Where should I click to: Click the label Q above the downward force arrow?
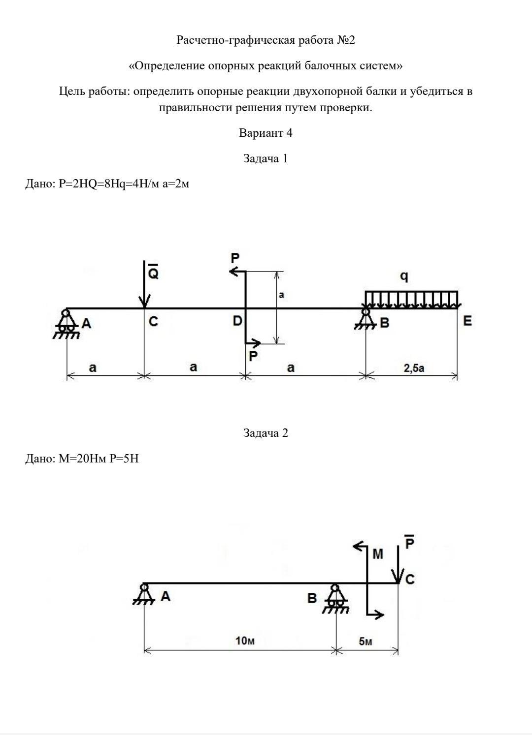coord(153,271)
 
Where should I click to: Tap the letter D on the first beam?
coord(237,321)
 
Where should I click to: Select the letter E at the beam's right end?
coord(467,321)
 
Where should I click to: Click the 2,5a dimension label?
coord(414,368)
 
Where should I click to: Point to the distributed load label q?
coord(404,276)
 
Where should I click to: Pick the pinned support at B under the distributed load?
coord(366,318)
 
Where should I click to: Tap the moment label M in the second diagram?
coord(378,554)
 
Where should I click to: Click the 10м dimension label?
coord(245,640)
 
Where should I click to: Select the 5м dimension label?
coord(366,641)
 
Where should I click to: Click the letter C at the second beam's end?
coord(410,580)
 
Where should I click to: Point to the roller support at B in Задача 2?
coord(335,599)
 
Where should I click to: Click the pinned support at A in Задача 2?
coord(144,594)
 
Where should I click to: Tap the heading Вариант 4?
coord(266,133)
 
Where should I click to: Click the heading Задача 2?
coord(266,433)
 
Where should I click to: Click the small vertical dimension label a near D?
coord(281,295)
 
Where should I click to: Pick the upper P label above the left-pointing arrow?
coord(235,258)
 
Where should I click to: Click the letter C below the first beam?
coord(153,321)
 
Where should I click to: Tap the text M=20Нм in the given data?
coord(82,458)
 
